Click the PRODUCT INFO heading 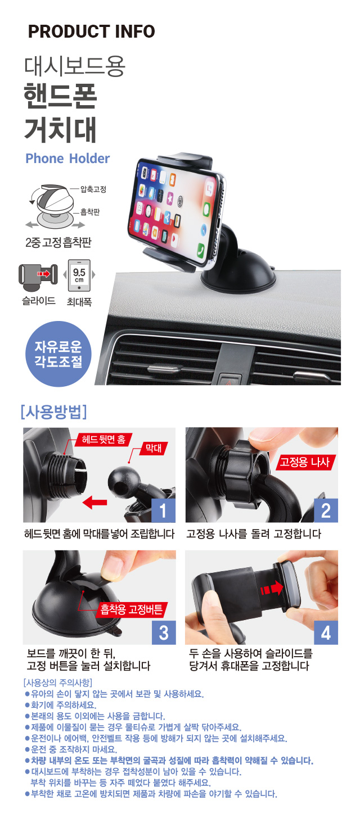pyautogui.click(x=91, y=31)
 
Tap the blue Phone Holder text pyautogui.click(x=67, y=159)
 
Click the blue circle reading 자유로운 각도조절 pyautogui.click(x=58, y=354)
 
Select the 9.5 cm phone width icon pyautogui.click(x=79, y=275)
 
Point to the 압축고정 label pyautogui.click(x=93, y=189)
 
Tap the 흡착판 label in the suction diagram pyautogui.click(x=90, y=212)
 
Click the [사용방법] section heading pyautogui.click(x=54, y=411)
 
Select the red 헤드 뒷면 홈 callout pyautogui.click(x=103, y=440)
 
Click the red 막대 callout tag pyautogui.click(x=154, y=447)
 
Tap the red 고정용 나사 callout pyautogui.click(x=305, y=462)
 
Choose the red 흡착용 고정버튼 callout pyautogui.click(x=132, y=609)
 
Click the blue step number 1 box pyautogui.click(x=163, y=510)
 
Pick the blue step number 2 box pyautogui.click(x=326, y=510)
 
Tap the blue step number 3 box pyautogui.click(x=164, y=632)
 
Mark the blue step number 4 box pyautogui.click(x=326, y=632)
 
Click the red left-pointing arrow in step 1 pyautogui.click(x=94, y=503)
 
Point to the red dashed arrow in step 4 pyautogui.click(x=272, y=587)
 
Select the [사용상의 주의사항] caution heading pyautogui.click(x=57, y=682)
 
